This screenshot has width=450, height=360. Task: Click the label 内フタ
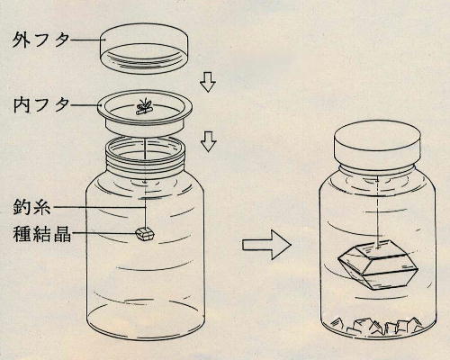tap(37, 105)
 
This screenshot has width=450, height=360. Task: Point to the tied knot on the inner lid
tap(142, 107)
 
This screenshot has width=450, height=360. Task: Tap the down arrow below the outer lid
tap(208, 82)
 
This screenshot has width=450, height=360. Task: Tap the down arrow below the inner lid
tap(208, 140)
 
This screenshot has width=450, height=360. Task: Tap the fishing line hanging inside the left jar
tap(145, 193)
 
